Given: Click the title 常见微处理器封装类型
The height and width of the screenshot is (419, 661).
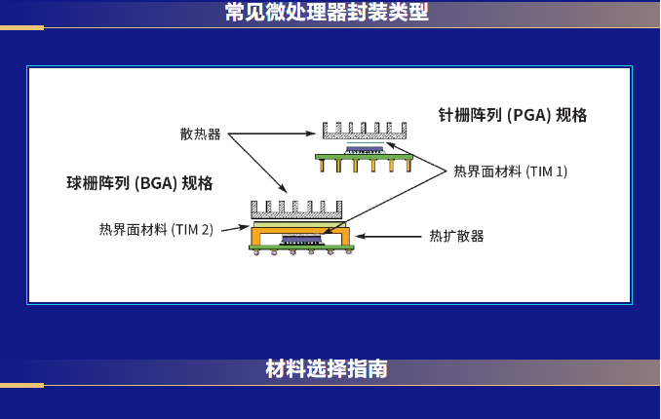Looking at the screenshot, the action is (x=327, y=12).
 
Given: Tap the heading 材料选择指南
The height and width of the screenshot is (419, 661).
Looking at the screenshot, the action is (x=327, y=369).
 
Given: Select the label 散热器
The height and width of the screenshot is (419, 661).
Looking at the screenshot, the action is (x=200, y=134).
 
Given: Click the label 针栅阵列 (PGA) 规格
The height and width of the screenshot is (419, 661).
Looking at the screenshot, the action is (x=513, y=115).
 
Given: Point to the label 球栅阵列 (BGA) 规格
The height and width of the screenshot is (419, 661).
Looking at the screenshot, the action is (x=139, y=183).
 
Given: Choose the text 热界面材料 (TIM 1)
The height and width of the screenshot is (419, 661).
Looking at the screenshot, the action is (x=511, y=171).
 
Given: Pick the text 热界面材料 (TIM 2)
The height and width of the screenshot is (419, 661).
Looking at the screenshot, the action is (x=156, y=230).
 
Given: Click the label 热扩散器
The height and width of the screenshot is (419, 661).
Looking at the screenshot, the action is (x=456, y=236).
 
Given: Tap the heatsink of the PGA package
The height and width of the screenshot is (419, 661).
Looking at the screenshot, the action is (x=365, y=131).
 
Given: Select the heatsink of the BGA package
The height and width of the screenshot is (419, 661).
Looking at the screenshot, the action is (x=296, y=209).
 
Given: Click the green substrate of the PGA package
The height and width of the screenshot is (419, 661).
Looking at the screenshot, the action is (x=365, y=157).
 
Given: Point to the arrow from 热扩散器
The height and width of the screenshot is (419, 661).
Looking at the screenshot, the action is (x=388, y=237).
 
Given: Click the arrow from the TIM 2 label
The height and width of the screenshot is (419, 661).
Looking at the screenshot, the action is (x=235, y=228).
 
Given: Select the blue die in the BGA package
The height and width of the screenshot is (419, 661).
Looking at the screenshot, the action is (x=301, y=240).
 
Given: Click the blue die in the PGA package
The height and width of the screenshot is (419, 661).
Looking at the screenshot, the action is (x=365, y=149).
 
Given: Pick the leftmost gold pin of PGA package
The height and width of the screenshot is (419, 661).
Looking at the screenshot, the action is (x=323, y=166).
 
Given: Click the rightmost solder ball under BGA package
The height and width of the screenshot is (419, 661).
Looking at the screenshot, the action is (x=348, y=251).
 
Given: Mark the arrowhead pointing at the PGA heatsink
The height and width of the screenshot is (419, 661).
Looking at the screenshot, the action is (x=311, y=133).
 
